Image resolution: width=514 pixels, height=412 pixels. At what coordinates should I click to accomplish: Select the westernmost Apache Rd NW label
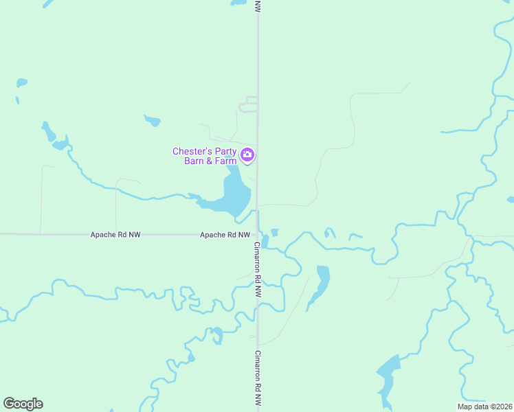(115, 235)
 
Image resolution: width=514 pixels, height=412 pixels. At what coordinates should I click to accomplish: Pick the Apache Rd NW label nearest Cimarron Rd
(225, 235)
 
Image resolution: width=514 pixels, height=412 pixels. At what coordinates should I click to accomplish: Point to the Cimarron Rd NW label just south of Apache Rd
(258, 268)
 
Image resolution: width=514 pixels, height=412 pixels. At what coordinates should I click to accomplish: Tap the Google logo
(23, 404)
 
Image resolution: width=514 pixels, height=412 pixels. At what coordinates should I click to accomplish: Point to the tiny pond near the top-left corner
(22, 83)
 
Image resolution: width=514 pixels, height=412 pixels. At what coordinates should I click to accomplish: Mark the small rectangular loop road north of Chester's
(249, 104)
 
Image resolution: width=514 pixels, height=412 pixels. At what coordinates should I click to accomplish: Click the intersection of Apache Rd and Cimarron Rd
(258, 235)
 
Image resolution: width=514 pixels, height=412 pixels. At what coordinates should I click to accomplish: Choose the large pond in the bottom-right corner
(387, 374)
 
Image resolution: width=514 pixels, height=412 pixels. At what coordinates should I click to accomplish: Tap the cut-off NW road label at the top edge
(258, 5)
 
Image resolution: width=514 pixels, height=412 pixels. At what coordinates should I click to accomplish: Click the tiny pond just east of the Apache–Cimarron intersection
(274, 232)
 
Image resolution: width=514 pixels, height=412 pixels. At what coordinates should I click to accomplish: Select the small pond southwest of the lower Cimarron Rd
(218, 335)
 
